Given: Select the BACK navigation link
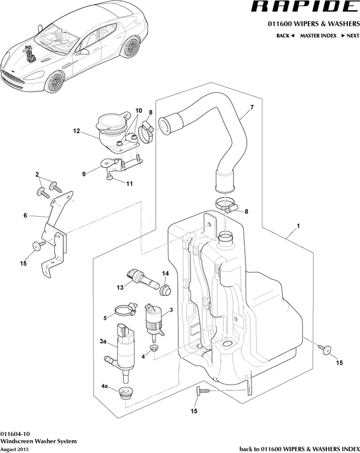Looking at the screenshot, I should point(285,36).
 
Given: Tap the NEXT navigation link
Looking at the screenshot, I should point(350,36).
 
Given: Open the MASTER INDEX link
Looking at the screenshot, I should point(318,36).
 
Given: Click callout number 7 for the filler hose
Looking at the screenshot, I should point(252,107).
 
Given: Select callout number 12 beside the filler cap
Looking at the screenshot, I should point(76,131).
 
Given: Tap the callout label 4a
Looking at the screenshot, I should point(105,386).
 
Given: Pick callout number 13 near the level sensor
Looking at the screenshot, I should point(119,288).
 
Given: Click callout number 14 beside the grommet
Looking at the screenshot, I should point(165,273).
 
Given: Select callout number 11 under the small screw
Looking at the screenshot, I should point(129,184).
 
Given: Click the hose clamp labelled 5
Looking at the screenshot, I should point(125,309).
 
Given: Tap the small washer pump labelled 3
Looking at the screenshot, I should point(154,320).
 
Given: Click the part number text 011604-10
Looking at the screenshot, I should point(15,434).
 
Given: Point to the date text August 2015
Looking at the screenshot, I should point(14,449).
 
